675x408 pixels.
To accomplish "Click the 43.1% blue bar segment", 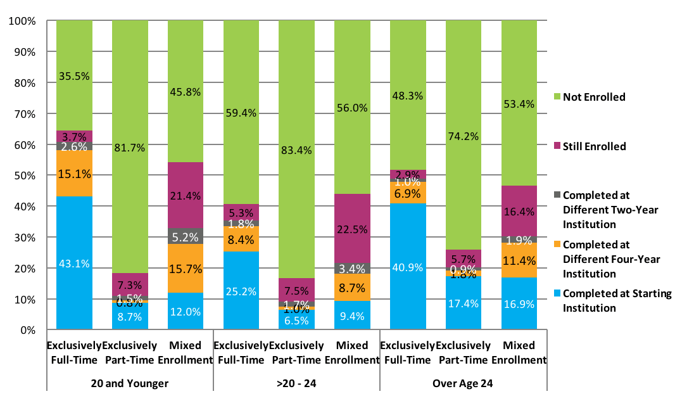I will coord(75,263).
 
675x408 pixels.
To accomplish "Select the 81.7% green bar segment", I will coord(130,147).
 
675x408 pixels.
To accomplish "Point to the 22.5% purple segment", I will coord(353,229).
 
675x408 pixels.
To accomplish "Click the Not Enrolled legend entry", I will coord(594,97).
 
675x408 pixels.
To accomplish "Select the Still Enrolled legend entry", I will coord(594,146).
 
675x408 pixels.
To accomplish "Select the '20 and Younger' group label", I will coord(130,383).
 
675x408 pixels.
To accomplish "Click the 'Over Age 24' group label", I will coord(463,383).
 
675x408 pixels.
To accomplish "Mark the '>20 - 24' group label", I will coord(296,383).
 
